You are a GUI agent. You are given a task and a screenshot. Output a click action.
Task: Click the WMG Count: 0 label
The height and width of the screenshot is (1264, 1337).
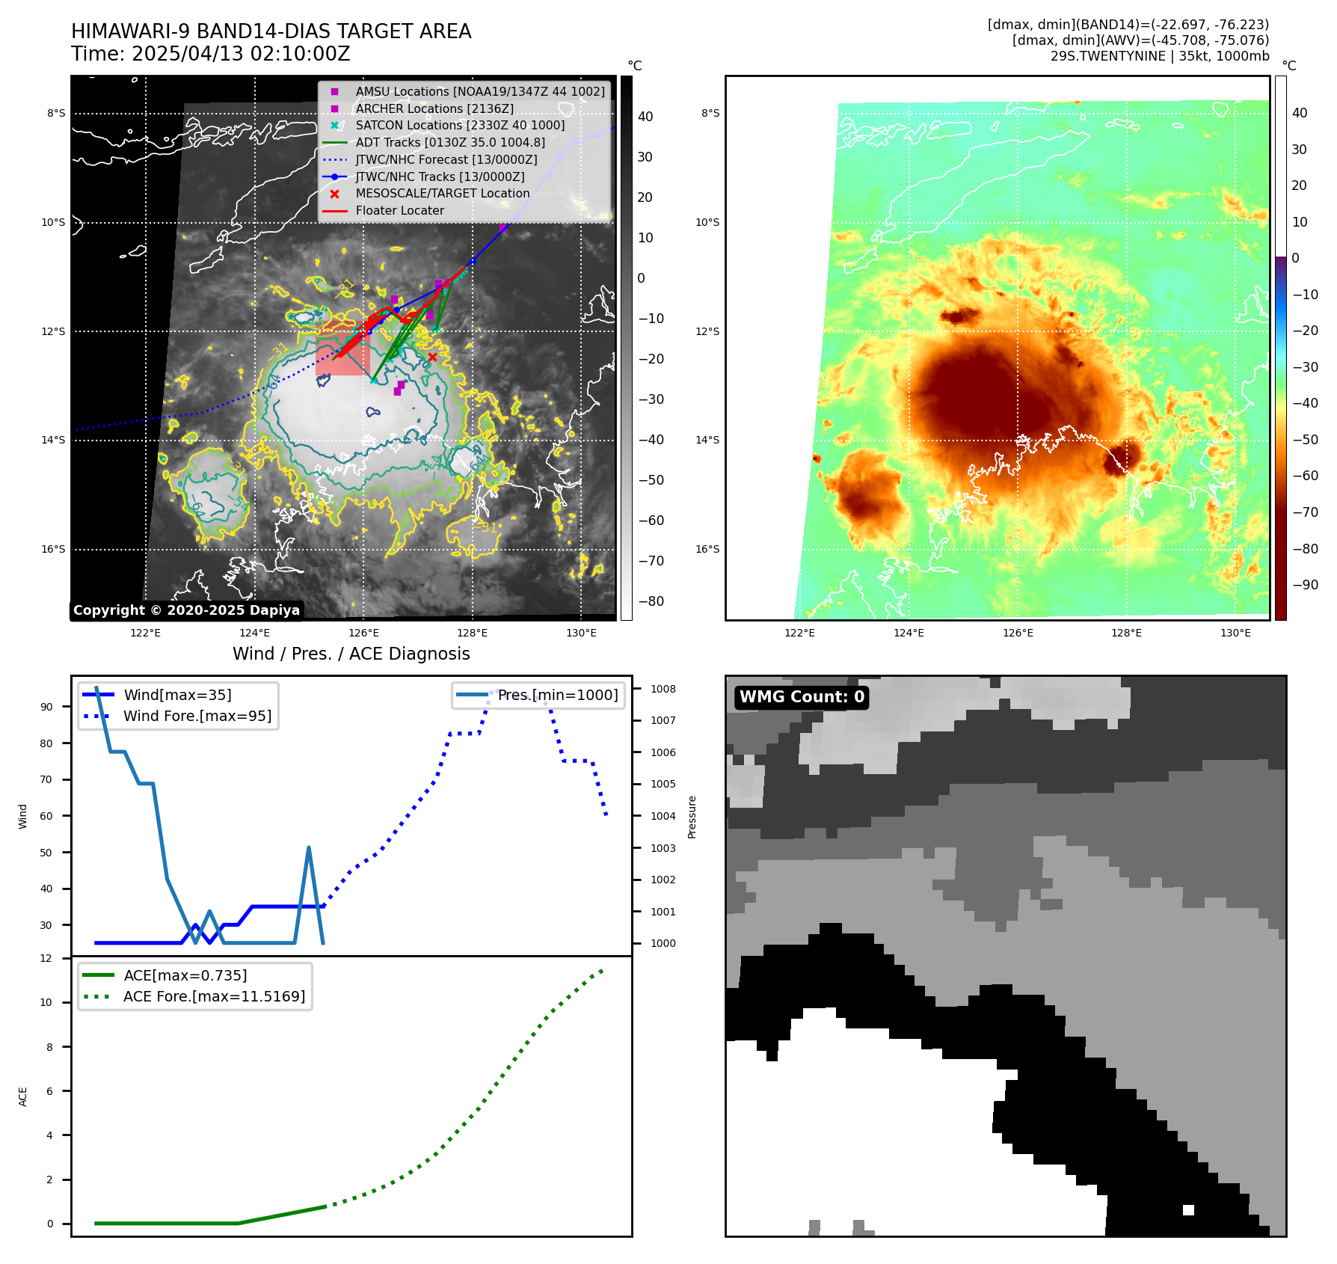801,697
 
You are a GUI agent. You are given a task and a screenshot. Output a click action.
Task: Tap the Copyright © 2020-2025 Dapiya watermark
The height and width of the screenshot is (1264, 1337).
186,610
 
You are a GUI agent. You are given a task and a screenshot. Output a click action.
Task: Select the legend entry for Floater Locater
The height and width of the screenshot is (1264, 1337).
399,211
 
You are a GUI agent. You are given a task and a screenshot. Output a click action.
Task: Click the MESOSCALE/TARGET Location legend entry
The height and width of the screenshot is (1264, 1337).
442,194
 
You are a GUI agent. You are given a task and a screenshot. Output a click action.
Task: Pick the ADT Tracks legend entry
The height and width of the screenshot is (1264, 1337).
449,142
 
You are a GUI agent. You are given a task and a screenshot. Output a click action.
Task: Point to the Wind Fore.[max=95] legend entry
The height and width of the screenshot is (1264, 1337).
197,716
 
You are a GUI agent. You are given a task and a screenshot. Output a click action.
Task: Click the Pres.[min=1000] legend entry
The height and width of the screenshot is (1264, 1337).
557,695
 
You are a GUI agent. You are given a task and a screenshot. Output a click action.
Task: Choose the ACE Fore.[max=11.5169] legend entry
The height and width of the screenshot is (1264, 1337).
214,996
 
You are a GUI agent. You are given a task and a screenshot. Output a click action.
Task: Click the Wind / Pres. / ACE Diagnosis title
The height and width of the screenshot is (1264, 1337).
351,654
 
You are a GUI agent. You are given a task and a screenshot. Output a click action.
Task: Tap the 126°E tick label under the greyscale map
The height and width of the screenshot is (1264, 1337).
363,633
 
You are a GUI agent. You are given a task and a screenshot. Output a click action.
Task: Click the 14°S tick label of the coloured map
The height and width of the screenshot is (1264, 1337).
707,440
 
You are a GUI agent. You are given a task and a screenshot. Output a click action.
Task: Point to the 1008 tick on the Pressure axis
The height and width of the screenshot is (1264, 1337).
663,689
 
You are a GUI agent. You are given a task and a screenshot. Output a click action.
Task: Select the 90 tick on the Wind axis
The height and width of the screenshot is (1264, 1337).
46,707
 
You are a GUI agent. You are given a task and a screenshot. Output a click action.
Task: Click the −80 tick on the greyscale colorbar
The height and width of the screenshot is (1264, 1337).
651,601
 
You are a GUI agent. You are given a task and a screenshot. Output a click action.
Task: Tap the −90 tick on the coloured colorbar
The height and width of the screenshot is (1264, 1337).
1305,585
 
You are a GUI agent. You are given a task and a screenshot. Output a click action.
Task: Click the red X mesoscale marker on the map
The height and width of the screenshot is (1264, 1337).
432,358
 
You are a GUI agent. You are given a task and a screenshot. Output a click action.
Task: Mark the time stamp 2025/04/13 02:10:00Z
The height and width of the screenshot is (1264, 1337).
241,54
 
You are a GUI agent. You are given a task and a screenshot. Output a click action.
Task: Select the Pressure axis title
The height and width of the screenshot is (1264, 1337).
692,817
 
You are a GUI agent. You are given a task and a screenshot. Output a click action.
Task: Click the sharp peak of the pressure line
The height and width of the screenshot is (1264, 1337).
309,848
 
